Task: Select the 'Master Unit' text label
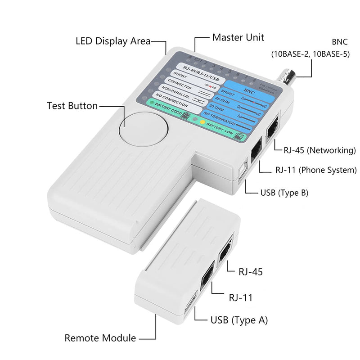pyautogui.click(x=238, y=36)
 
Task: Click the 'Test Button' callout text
pyautogui.click(x=72, y=106)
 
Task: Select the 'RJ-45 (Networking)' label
pyautogui.click(x=320, y=150)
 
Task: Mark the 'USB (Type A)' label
pyautogui.click(x=239, y=320)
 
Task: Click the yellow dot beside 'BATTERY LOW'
pyautogui.click(x=203, y=122)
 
